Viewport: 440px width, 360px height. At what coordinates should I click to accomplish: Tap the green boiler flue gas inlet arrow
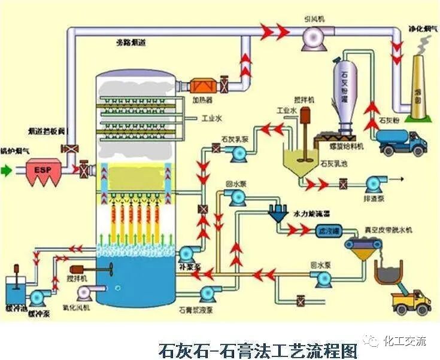click(x=6, y=170)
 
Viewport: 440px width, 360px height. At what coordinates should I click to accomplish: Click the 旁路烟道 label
click(x=131, y=42)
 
